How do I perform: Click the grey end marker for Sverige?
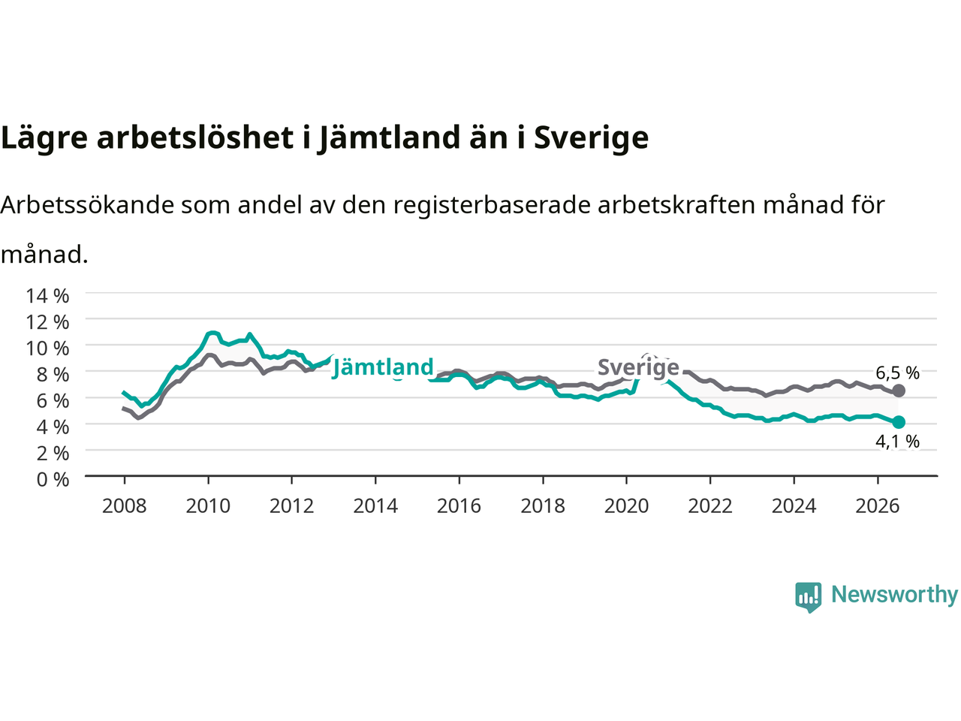(x=899, y=391)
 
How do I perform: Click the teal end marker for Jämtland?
(x=899, y=422)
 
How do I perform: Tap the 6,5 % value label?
(x=897, y=373)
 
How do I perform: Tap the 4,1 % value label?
(x=897, y=442)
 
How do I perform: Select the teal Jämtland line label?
(x=383, y=367)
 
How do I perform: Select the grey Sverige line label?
(x=638, y=367)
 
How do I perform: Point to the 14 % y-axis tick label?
(x=47, y=296)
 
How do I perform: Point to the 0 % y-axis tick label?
(x=53, y=480)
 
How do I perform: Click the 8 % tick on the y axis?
(x=53, y=375)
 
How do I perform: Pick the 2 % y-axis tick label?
(x=53, y=454)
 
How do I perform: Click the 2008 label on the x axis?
(x=125, y=506)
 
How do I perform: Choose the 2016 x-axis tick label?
(x=459, y=506)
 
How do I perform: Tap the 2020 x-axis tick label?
(x=626, y=506)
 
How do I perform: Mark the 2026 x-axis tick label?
(x=878, y=506)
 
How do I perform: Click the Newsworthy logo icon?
(x=808, y=597)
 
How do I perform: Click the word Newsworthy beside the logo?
(x=895, y=595)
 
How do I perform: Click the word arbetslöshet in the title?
(x=194, y=137)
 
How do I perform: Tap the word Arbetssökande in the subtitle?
(x=88, y=205)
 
